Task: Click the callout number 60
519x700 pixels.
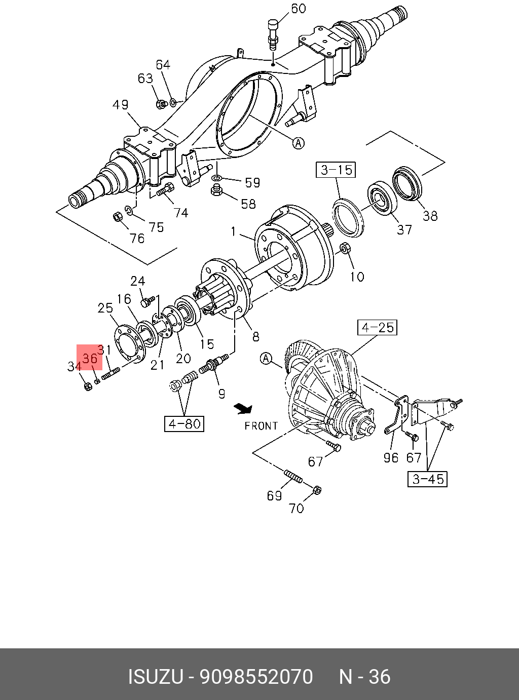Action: [299, 9]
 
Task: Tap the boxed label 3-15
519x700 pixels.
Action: [336, 170]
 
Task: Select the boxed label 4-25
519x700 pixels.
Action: [378, 328]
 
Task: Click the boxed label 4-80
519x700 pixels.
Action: [184, 423]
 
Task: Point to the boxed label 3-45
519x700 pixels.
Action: [428, 479]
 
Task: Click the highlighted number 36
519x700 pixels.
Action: [90, 358]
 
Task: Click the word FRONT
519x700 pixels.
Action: [261, 426]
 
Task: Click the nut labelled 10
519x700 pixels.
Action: [345, 248]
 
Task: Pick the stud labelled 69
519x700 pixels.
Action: [293, 477]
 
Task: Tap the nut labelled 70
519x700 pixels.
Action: [316, 490]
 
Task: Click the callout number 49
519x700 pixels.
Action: [121, 105]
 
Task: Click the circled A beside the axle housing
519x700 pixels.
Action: [299, 143]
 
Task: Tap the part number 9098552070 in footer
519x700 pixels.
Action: [256, 677]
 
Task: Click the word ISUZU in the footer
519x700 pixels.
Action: [155, 677]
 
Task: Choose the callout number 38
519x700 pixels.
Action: [430, 216]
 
